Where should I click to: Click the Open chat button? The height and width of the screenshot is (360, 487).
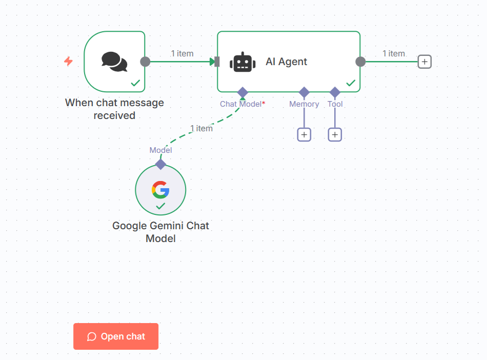(x=116, y=336)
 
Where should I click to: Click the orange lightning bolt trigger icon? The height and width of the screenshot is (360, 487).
(x=68, y=62)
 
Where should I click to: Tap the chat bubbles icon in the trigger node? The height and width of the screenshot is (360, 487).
(x=114, y=62)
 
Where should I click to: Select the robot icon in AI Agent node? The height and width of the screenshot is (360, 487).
(x=242, y=62)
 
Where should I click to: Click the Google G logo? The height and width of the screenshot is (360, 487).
(x=160, y=190)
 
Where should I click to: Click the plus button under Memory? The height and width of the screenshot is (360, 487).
(x=304, y=134)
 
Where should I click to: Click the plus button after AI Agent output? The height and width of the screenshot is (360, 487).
(x=424, y=62)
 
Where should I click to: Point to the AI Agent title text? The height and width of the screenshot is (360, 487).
(x=286, y=62)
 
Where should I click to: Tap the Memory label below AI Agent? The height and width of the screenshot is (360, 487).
(x=304, y=104)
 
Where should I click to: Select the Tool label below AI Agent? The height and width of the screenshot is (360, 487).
(x=335, y=104)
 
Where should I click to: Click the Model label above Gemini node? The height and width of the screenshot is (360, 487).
(x=160, y=150)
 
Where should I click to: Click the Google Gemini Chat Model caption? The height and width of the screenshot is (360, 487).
(x=160, y=232)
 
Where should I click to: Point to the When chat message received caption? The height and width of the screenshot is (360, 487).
(x=114, y=109)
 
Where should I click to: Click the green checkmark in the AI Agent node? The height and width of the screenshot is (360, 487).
(x=351, y=83)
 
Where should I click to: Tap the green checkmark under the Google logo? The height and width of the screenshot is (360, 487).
(x=160, y=206)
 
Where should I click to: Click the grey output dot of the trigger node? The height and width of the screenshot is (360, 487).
(x=145, y=62)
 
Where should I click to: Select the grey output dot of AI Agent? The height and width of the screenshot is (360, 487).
(x=360, y=62)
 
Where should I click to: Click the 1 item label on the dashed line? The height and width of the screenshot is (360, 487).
(x=201, y=128)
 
